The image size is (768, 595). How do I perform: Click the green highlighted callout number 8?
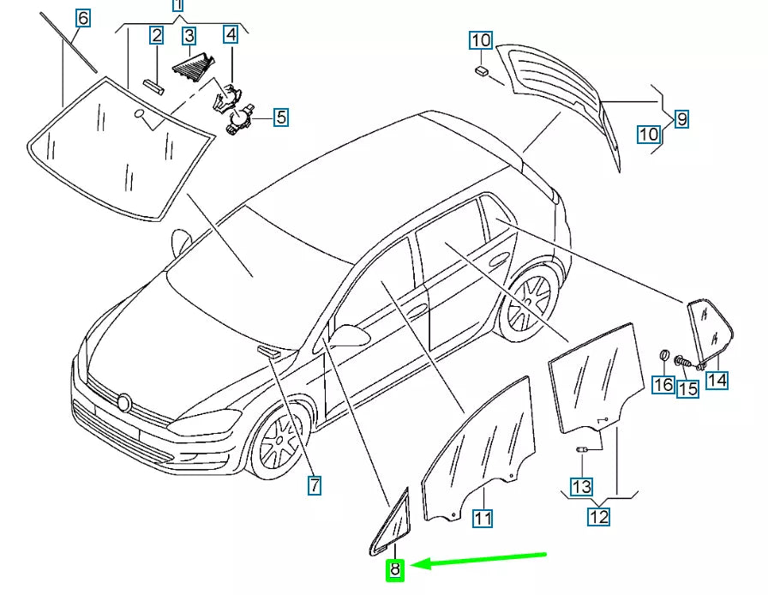coord(395,568)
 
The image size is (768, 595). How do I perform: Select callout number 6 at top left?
coord(82,17)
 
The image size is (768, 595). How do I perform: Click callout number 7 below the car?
coord(315,486)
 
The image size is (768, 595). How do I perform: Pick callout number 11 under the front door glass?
coord(483,518)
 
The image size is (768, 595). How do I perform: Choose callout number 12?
coord(598,517)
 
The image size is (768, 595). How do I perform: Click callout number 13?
coord(582,486)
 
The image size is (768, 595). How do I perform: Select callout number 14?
coord(717,379)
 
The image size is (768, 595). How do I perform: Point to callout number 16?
coord(663,384)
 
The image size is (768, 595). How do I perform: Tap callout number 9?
coord(681,119)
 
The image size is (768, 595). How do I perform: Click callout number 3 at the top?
coord(189,35)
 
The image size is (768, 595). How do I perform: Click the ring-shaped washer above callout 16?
coord(663,356)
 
